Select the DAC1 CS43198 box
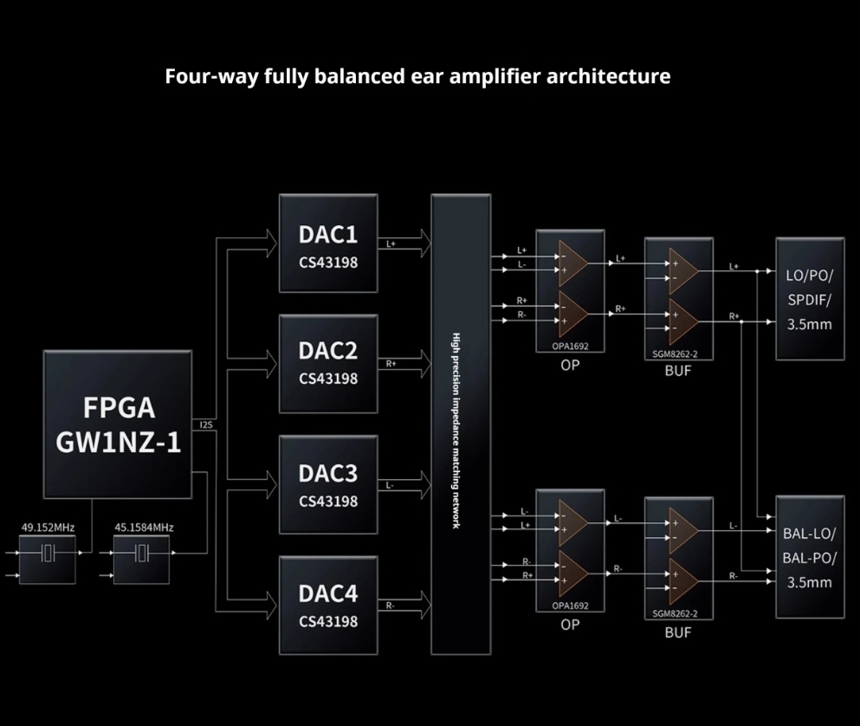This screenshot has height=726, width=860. click(328, 244)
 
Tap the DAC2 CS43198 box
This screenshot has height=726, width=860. click(328, 364)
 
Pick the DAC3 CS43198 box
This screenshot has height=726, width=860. click(328, 485)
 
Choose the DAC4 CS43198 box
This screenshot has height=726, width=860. click(328, 605)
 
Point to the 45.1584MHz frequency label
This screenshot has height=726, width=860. click(144, 527)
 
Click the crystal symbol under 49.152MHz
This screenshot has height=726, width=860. click(48, 554)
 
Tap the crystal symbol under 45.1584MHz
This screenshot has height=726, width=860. click(143, 554)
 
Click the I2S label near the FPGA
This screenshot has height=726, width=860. click(205, 425)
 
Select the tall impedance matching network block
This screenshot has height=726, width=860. click(461, 425)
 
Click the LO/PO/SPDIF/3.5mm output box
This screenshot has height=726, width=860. click(809, 300)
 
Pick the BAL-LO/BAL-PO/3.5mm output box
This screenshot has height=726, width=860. click(809, 558)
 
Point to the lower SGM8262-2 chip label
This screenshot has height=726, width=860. click(677, 613)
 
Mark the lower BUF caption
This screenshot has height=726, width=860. click(677, 632)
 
